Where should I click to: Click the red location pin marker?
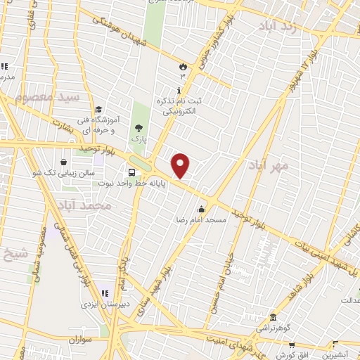coord(181,166)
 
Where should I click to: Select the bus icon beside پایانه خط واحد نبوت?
coord(131,173)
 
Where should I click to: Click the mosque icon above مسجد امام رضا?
coord(202,209)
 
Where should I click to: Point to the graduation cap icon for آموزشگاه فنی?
coord(98,110)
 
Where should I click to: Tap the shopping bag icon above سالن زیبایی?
coord(63,161)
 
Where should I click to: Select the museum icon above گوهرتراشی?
coord(273,317)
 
